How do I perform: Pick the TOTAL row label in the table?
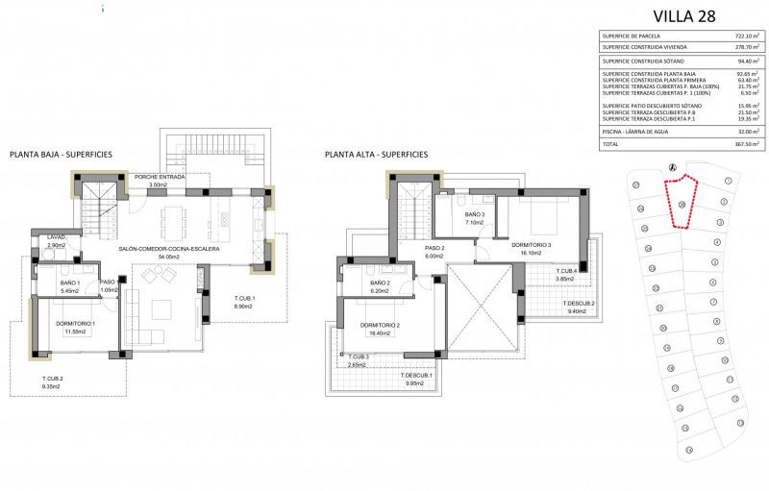(x=611, y=143)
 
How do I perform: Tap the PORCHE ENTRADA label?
(x=160, y=178)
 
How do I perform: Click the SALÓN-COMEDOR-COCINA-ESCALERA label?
(x=169, y=249)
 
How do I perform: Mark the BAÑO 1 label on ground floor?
(x=70, y=282)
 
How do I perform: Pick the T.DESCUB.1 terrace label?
(x=417, y=375)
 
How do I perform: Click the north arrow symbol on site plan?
(x=672, y=166)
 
